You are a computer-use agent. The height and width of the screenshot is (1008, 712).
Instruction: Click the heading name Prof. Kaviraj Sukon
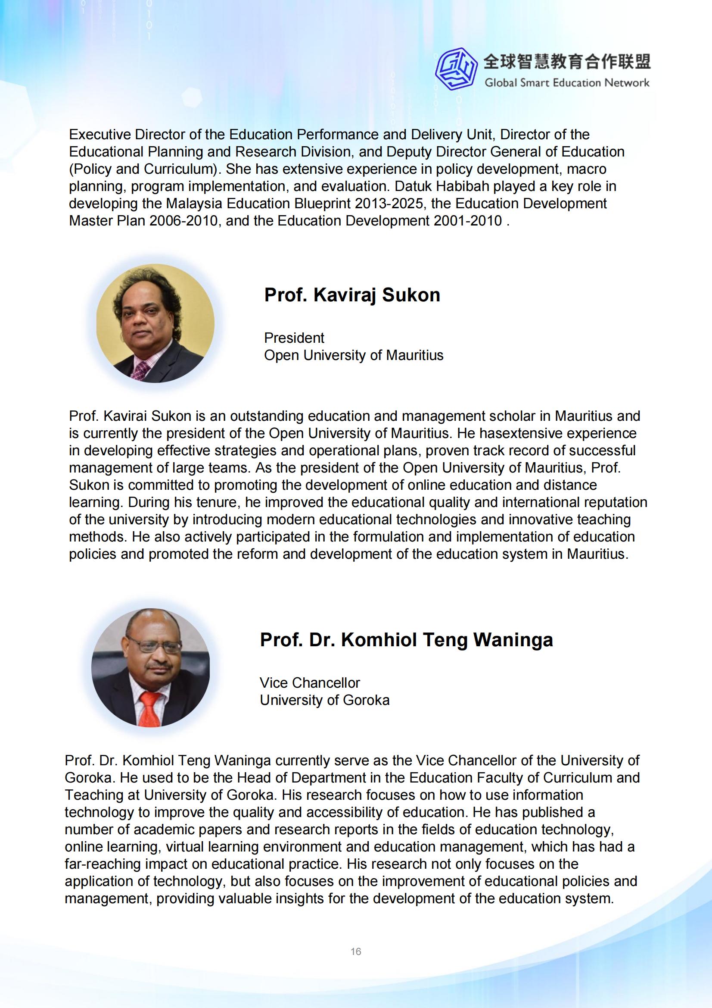point(352,295)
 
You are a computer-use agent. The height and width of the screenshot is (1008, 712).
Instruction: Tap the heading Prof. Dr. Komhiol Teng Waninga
point(406,640)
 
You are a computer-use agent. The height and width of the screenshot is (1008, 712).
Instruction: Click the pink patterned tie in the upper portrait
point(141,369)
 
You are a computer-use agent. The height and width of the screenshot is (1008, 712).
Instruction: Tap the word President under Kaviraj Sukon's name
point(294,338)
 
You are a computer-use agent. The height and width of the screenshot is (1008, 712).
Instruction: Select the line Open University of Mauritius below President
point(354,355)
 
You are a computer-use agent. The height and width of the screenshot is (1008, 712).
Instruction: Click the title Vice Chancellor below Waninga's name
point(310,682)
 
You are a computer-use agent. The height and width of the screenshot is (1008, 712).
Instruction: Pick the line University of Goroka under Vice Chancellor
point(325,700)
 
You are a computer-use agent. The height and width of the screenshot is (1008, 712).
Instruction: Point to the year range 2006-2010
point(183,221)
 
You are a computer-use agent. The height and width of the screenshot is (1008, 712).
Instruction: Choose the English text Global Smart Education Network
point(567,82)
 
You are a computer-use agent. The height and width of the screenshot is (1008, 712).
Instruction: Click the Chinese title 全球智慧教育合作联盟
point(567,62)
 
